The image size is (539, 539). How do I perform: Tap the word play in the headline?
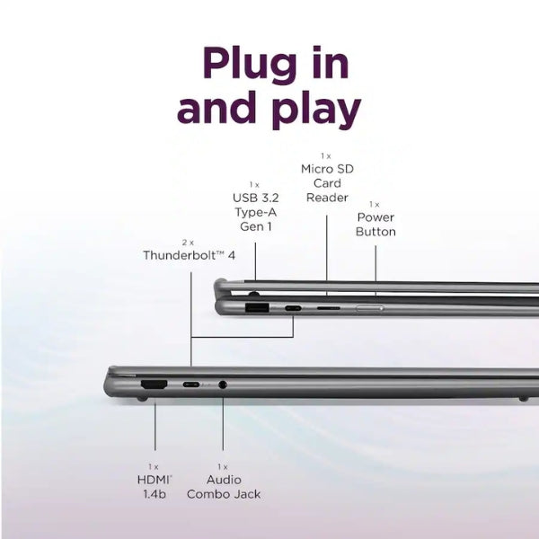point(316,110)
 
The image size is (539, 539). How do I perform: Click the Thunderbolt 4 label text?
point(189,255)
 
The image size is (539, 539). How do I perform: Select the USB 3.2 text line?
point(256,198)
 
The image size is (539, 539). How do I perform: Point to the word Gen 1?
point(256,226)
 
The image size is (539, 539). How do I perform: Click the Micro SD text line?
point(327,169)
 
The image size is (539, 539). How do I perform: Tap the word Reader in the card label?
point(327,198)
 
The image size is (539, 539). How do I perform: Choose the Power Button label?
point(376,225)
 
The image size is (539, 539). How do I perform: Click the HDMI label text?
point(155,480)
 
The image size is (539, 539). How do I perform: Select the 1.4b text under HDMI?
point(155,494)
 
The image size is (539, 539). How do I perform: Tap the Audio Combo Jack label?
point(224,487)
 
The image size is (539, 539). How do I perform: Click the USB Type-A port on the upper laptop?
point(257,307)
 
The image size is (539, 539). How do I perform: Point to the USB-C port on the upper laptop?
point(293,308)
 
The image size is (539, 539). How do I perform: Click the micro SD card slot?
point(328,308)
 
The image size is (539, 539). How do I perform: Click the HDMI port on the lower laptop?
point(154,384)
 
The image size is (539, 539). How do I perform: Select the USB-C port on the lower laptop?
point(191,384)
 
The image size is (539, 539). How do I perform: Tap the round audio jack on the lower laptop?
point(223,384)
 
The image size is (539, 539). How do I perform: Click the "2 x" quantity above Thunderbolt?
point(188,243)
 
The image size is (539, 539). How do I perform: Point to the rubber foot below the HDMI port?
point(142,399)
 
